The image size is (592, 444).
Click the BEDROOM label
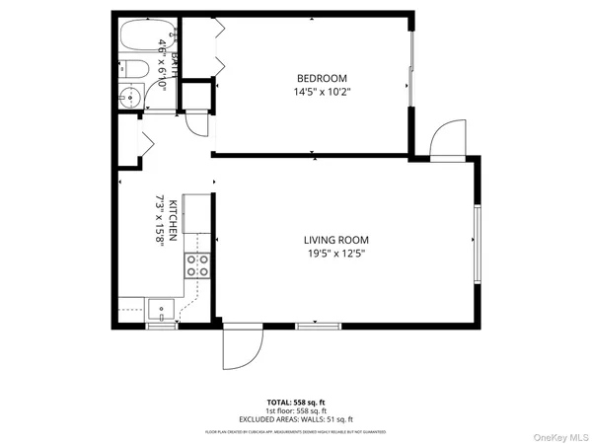(x=322, y=78)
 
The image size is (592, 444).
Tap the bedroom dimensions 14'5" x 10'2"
(x=322, y=92)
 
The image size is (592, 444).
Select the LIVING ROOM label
(x=335, y=240)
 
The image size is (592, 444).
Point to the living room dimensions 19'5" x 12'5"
(x=335, y=254)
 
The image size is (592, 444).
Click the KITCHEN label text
(x=173, y=220)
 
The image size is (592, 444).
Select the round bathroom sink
(x=128, y=97)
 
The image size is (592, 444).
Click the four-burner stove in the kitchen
(x=197, y=264)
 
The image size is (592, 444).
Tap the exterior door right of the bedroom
(x=448, y=139)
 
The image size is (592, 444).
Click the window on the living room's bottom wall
(x=320, y=325)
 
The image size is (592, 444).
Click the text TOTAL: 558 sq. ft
(x=295, y=403)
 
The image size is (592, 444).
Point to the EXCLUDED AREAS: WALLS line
(x=295, y=418)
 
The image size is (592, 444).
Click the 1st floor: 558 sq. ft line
(x=295, y=410)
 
